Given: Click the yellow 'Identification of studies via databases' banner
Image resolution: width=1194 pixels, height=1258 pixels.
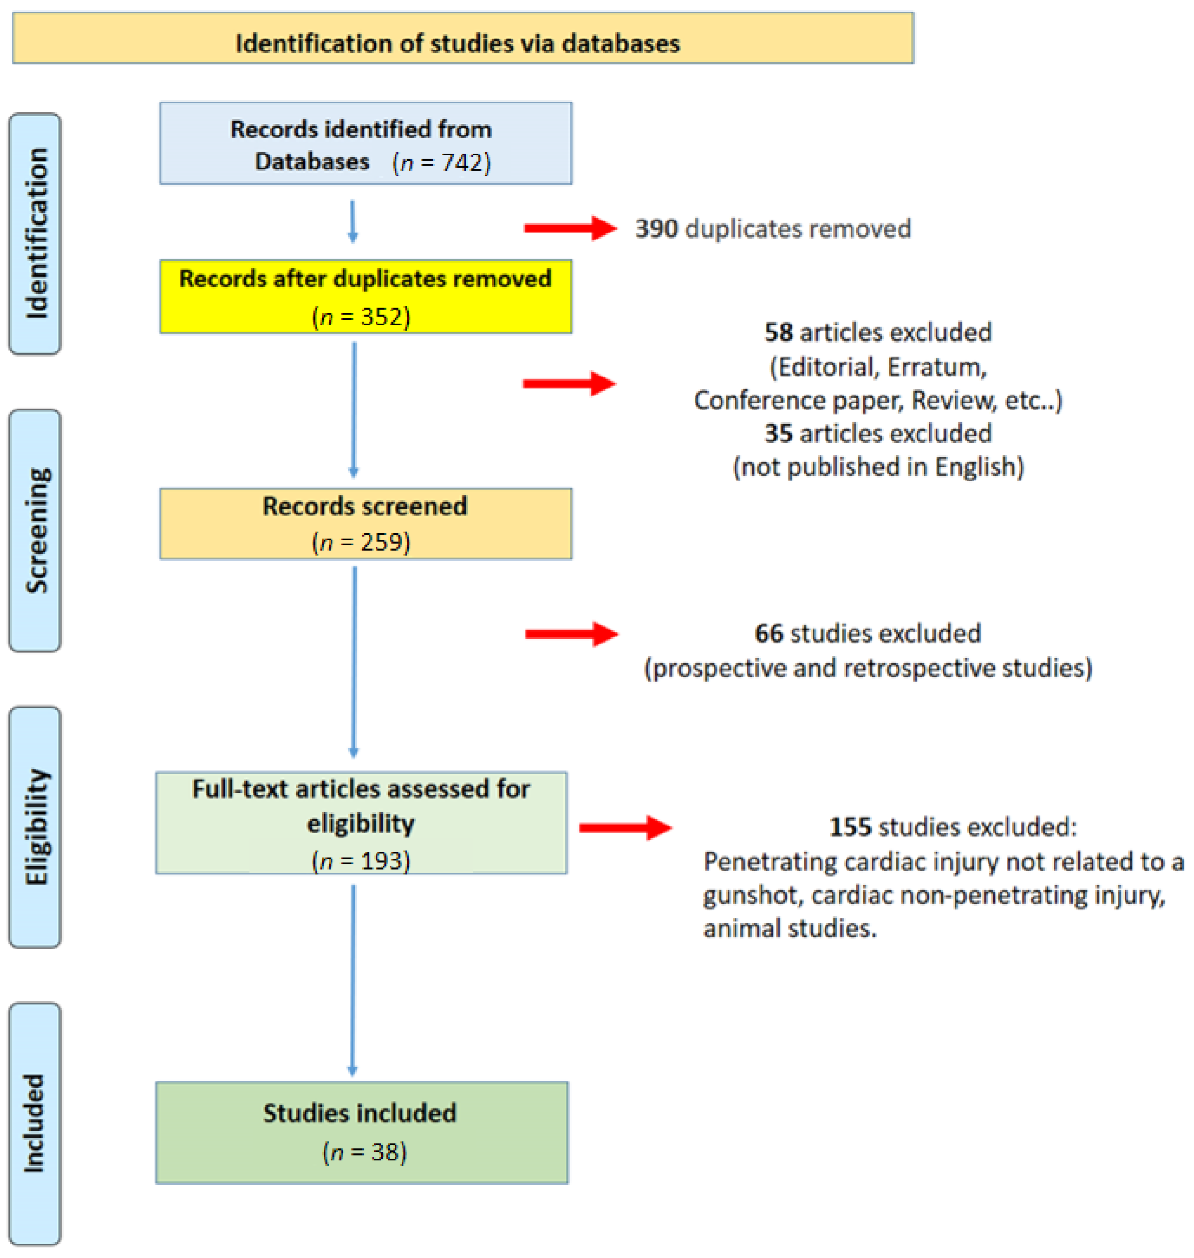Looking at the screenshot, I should pos(463,38).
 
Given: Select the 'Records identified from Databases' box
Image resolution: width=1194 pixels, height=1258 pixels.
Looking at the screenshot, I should pos(365,144).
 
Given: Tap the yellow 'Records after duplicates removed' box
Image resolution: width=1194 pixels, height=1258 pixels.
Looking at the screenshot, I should pos(365,296).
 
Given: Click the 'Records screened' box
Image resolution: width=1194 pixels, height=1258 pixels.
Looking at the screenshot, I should pos(365,524).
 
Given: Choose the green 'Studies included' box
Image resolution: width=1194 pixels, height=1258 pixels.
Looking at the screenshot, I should pos(362,1133).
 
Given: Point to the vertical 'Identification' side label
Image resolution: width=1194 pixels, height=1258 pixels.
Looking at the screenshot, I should pos(36,233).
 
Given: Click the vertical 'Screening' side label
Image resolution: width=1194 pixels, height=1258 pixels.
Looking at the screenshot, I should pos(36,530).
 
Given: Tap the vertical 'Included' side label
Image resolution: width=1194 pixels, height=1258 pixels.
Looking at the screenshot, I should pos(36,1123).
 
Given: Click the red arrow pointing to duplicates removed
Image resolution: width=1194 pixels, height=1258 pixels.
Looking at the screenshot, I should pos(570,228).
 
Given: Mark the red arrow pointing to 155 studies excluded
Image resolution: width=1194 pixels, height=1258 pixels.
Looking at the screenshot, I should pos(625,828).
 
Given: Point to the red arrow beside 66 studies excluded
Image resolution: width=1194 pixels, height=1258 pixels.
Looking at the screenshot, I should pos(571,634).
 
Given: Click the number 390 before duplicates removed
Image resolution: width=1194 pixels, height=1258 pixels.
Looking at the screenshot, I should pos(656,228).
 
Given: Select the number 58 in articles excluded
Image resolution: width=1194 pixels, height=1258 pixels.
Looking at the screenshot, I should pos(778,332).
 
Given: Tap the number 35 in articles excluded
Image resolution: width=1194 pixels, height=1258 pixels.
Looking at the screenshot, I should pos(778,433).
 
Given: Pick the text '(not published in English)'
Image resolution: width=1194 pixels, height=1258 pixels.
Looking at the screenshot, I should pos(878,467).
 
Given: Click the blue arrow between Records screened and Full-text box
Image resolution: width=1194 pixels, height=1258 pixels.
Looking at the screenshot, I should pos(354,662).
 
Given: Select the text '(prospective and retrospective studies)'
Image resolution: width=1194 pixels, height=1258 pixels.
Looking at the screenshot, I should pos(868,668).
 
